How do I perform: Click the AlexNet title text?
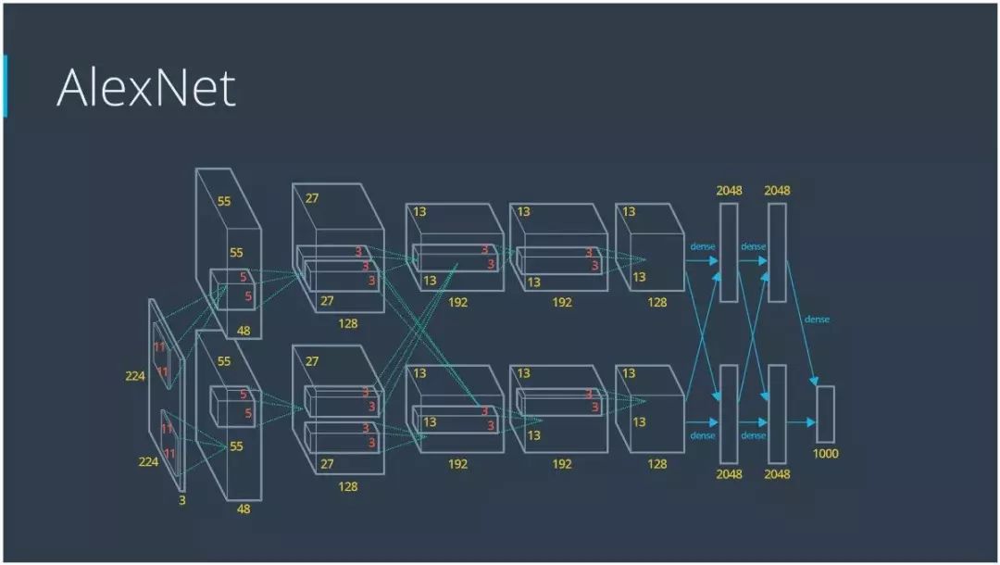pyautogui.click(x=146, y=88)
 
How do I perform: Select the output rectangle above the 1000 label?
pyautogui.click(x=824, y=413)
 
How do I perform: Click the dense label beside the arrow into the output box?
pyautogui.click(x=817, y=320)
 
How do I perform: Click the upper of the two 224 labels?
pyautogui.click(x=136, y=376)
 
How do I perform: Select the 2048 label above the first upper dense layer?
pyautogui.click(x=729, y=191)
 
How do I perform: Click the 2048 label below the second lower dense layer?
pyautogui.click(x=777, y=474)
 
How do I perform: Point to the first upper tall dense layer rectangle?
pyautogui.click(x=729, y=252)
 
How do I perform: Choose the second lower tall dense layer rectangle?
pyautogui.click(x=777, y=413)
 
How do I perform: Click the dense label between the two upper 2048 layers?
pyautogui.click(x=753, y=246)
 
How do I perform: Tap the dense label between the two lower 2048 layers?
pyautogui.click(x=753, y=435)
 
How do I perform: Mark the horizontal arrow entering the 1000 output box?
pyautogui.click(x=801, y=422)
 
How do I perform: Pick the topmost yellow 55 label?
pyautogui.click(x=224, y=200)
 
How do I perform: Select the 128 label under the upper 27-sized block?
pyautogui.click(x=348, y=323)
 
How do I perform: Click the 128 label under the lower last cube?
pyautogui.click(x=656, y=464)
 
